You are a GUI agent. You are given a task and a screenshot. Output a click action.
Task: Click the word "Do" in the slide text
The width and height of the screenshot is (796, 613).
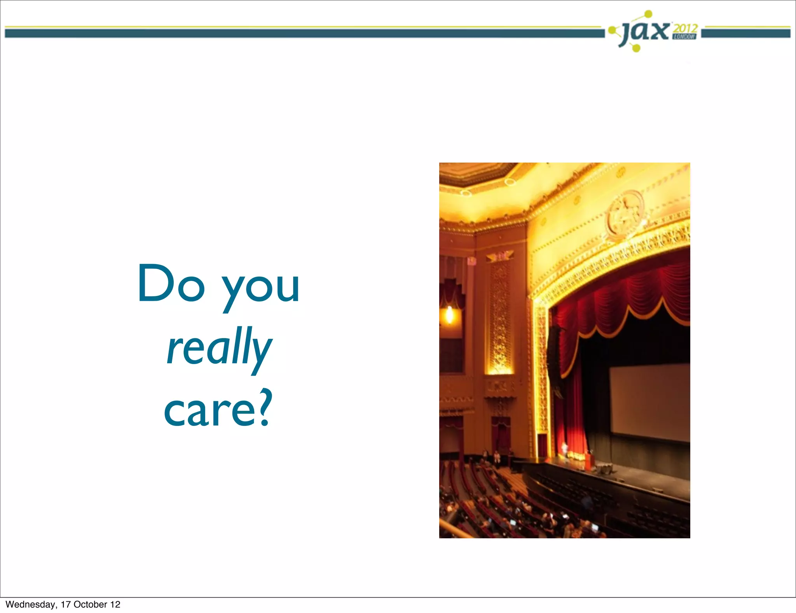coord(171,283)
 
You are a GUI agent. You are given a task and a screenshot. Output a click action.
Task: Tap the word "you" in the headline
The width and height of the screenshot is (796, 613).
coord(260,289)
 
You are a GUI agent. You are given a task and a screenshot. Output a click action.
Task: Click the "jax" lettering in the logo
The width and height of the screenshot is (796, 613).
coord(645,32)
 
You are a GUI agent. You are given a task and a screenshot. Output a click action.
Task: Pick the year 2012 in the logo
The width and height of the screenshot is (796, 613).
coord(685,28)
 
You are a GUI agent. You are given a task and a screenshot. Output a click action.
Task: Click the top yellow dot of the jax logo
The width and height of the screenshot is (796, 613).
coord(648,14)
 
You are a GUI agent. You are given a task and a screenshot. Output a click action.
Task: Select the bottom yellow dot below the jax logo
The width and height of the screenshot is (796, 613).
coord(636,48)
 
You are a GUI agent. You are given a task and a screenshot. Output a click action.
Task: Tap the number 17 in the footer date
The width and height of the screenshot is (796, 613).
coord(66,604)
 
